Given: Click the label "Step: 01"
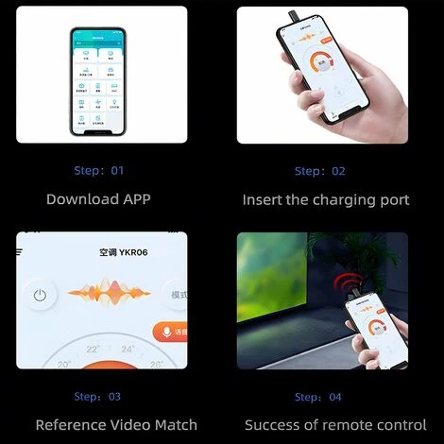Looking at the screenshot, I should tap(98, 171).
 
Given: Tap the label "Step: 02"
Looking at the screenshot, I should tap(319, 171).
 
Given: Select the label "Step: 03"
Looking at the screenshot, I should tap(97, 397).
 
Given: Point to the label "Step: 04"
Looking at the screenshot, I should tap(319, 397).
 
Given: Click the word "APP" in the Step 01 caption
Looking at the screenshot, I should tap(133, 199).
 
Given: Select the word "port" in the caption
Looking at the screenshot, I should tap(393, 200).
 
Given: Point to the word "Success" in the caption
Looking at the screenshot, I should tap(272, 425).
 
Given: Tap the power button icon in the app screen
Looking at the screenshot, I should tap(40, 295).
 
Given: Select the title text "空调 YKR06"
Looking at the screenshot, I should tap(123, 253).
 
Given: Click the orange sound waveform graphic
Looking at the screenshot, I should tap(110, 293).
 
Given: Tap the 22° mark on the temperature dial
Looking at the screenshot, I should tap(93, 349).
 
